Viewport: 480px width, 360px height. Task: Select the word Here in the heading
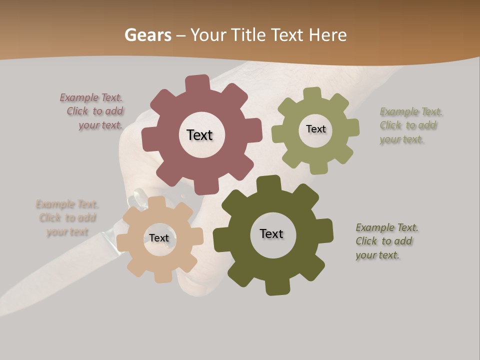pos(327,35)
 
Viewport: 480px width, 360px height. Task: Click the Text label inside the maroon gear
pos(199,135)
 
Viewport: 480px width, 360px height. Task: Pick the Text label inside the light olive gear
pos(315,129)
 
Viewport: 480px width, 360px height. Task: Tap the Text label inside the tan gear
pos(159,238)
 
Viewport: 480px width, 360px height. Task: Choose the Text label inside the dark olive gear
pos(271,233)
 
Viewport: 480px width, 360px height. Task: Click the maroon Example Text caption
pos(92,111)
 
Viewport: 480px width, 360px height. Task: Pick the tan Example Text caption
pos(67,218)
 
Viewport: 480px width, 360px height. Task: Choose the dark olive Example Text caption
pos(386,241)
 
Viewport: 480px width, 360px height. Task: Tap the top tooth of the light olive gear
pos(312,93)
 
